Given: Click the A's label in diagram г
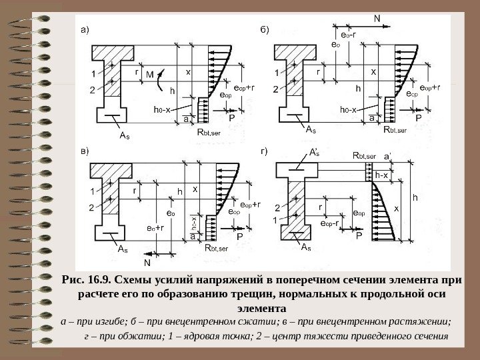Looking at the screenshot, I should point(314,153).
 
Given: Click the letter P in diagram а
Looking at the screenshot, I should point(231,117).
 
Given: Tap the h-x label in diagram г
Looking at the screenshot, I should point(382,175).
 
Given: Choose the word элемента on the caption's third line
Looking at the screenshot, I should point(261,309).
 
